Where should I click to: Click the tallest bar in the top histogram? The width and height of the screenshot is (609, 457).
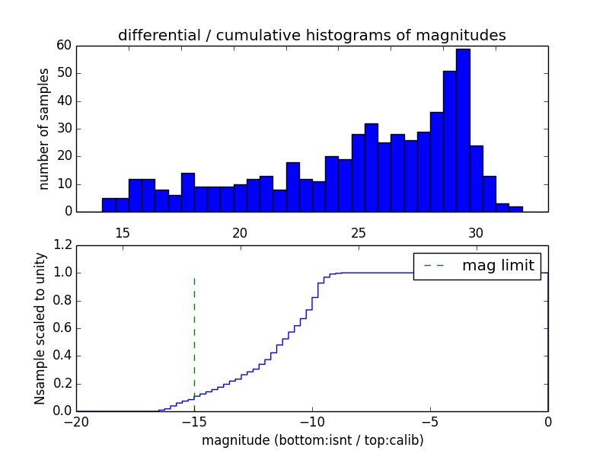click(x=463, y=129)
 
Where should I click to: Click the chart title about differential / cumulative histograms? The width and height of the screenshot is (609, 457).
click(x=312, y=35)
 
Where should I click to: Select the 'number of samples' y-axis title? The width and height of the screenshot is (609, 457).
click(x=44, y=128)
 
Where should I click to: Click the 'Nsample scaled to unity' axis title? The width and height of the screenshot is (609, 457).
click(x=41, y=328)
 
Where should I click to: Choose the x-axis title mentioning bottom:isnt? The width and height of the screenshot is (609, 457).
click(x=312, y=440)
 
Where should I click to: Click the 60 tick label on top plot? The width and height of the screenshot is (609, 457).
click(x=63, y=46)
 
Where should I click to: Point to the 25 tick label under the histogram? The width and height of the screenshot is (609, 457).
click(x=359, y=233)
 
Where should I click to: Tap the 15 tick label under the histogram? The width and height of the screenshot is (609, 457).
click(x=123, y=233)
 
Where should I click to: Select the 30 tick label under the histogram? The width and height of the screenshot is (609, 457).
click(x=476, y=233)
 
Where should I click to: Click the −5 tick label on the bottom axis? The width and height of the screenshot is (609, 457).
click(x=430, y=422)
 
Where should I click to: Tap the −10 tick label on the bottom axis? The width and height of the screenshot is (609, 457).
click(x=312, y=422)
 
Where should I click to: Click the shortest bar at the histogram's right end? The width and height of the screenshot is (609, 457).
click(x=516, y=209)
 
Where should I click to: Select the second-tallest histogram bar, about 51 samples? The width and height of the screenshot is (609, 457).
click(x=450, y=141)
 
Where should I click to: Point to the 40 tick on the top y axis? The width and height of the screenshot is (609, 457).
click(x=63, y=101)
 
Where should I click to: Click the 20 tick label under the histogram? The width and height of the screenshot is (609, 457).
click(x=241, y=233)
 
